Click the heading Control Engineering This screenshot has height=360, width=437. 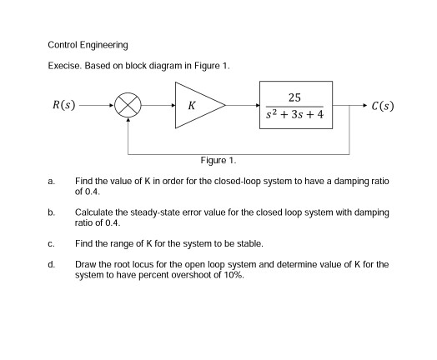tap(88, 44)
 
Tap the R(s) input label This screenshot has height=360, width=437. tap(64, 106)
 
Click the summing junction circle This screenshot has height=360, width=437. tap(128, 106)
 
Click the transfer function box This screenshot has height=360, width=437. tap(296, 106)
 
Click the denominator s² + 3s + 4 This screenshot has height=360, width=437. tap(296, 117)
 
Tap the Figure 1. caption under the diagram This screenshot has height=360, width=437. tap(218, 160)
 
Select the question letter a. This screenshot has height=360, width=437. tap(51, 181)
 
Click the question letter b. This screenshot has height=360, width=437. tap(51, 213)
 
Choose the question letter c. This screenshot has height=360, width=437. tap(51, 244)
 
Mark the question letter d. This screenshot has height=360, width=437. tap(51, 264)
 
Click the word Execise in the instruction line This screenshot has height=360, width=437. tap(65, 65)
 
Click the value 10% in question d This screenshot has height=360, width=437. tap(234, 274)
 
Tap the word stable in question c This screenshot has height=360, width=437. tap(250, 244)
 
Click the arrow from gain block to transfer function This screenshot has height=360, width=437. tap(243, 106)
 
